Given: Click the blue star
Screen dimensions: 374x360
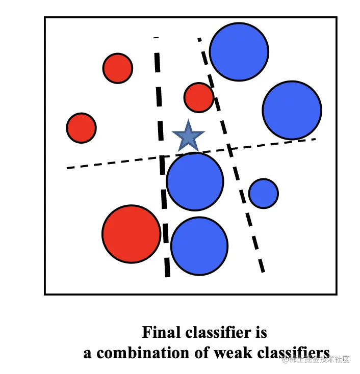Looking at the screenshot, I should [x=188, y=137].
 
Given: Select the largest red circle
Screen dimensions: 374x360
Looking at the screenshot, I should [x=132, y=234].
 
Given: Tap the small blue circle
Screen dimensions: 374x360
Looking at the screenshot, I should [x=263, y=194].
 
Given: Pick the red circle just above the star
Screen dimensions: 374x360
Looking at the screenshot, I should [x=199, y=97].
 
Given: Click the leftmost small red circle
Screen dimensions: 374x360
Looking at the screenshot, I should [x=82, y=128].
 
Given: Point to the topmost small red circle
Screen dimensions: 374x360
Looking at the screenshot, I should [x=118, y=68].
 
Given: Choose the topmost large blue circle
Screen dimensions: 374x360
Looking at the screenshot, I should [x=239, y=51].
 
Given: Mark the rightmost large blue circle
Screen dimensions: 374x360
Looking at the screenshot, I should [x=292, y=110].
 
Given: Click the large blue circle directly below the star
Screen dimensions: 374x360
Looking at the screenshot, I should [x=195, y=181].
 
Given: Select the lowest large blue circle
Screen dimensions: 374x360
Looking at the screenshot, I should [x=199, y=246].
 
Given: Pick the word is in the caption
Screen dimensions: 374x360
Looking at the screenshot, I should [x=260, y=333].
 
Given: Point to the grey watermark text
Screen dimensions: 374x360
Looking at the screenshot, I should [x=317, y=359].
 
